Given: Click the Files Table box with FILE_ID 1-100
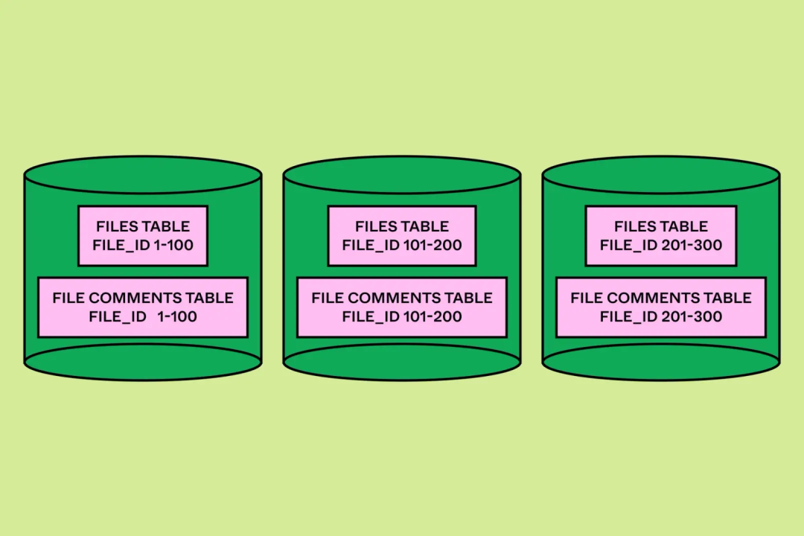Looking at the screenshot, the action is tap(143, 236).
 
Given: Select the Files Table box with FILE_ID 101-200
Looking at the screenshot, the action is tap(402, 236).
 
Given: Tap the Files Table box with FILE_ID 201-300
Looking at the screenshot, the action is tap(661, 236).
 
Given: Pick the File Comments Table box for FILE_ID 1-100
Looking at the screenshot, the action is tap(143, 307).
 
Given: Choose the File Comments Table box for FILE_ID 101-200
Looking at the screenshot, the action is tap(402, 307).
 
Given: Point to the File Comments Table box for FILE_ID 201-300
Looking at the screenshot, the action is tap(661, 307).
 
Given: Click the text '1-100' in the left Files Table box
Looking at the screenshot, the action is tap(173, 245).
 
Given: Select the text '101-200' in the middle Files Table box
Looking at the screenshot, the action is tap(433, 245).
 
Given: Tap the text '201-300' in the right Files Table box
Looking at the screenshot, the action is tap(692, 245).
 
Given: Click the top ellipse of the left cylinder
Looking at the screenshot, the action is tap(143, 175).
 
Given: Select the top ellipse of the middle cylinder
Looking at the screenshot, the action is tap(402, 175).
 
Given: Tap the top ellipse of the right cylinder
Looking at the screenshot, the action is tap(661, 175).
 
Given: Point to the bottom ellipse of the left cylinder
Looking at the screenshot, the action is tap(143, 362).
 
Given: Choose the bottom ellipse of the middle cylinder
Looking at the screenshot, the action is tap(402, 362).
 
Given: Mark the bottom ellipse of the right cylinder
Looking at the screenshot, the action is tap(661, 362).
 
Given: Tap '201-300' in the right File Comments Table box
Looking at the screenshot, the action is tap(692, 316).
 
